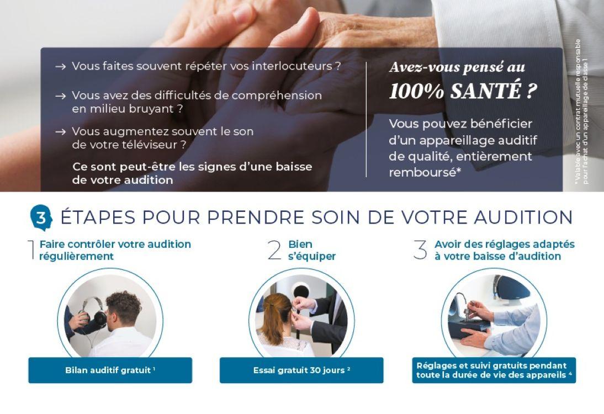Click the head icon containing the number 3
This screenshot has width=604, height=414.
pos(41,218)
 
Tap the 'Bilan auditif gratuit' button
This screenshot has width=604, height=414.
pos(110,370)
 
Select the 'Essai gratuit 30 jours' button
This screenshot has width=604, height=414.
pos(301,370)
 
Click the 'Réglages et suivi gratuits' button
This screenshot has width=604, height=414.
pos(494,370)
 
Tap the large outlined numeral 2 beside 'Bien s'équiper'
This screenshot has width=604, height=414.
pos(274,250)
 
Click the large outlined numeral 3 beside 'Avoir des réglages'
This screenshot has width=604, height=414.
pos(420,250)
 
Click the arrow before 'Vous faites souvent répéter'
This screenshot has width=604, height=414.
pos(61,67)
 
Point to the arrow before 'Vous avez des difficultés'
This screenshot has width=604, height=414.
pos(61,96)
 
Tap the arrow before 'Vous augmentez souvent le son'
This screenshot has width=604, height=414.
pos(61,132)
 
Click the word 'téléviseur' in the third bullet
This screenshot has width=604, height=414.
pos(158,145)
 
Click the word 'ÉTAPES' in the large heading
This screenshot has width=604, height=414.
pos(97,217)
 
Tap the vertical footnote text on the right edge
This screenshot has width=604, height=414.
pos(581,110)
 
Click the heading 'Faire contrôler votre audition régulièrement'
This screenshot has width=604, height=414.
pos(115,250)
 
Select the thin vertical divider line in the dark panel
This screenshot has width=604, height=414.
pos(366,119)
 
